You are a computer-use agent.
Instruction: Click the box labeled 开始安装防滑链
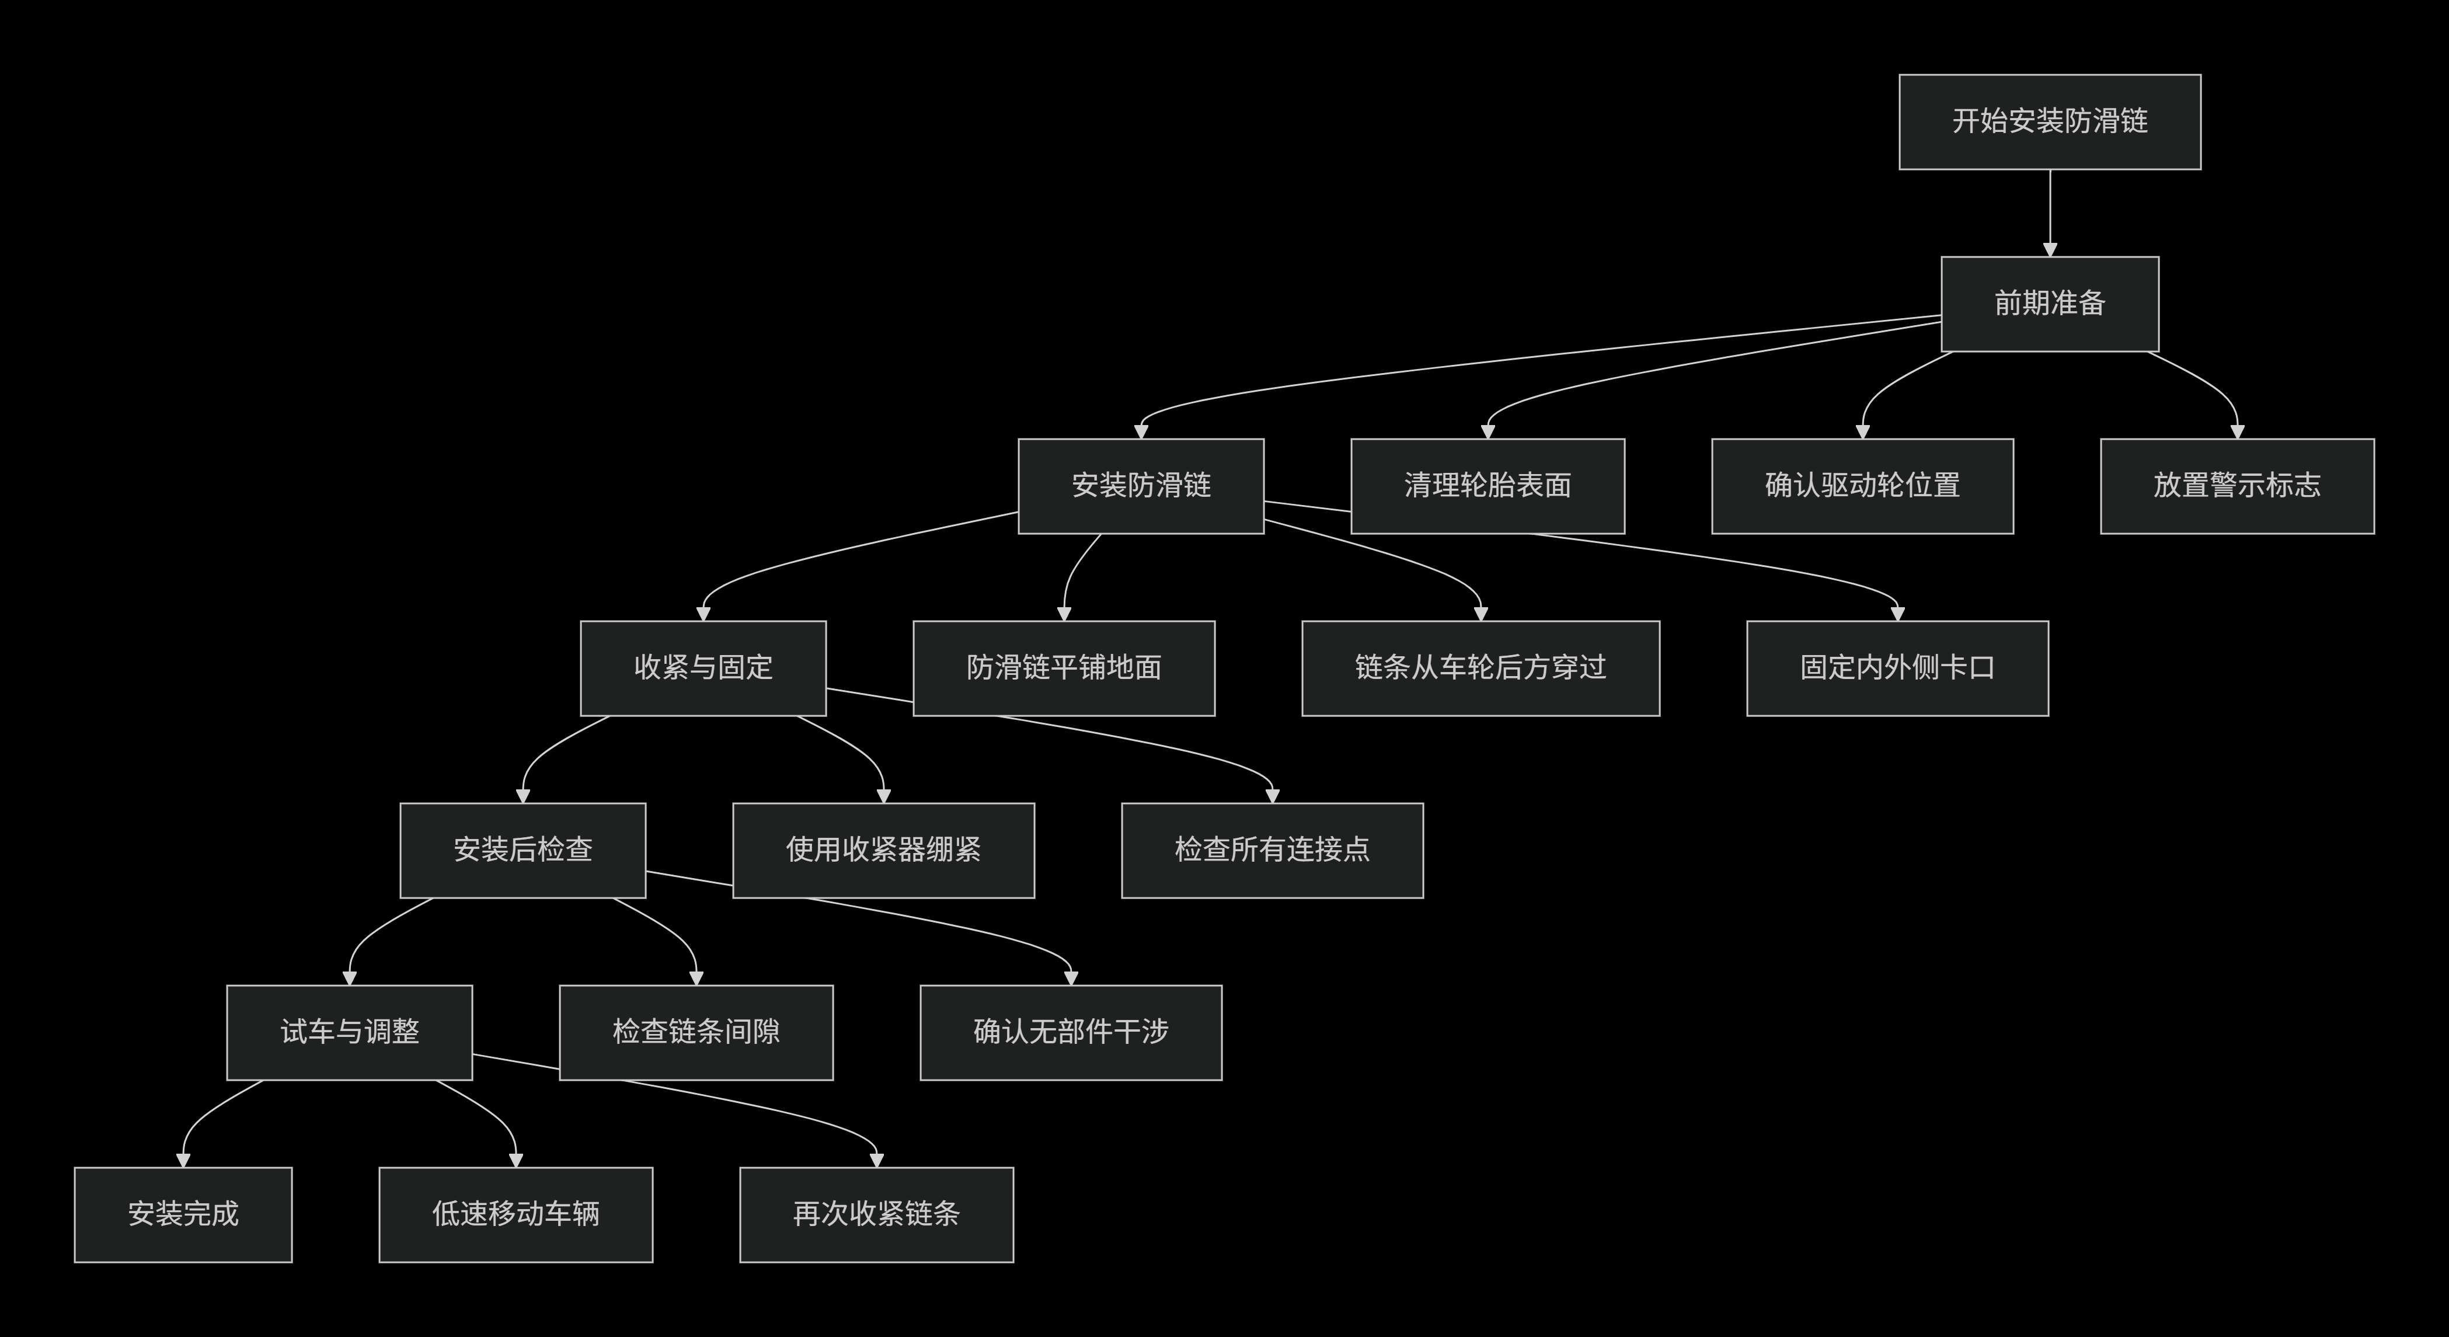2050,121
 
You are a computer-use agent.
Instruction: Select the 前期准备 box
2050,304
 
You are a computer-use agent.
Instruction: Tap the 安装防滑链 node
1141,486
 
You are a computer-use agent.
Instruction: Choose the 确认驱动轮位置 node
1862,486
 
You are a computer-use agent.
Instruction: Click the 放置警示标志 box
2237,486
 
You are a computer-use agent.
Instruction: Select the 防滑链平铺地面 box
1064,667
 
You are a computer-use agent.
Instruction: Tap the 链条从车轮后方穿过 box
1480,667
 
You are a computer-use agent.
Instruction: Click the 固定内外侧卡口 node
1897,667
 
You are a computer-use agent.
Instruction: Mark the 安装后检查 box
523,850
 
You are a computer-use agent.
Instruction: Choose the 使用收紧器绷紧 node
883,850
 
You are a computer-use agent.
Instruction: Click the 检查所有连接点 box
1272,850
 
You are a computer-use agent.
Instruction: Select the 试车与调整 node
349,1032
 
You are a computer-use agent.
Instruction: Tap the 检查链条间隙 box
696,1032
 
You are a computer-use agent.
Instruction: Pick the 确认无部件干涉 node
1071,1032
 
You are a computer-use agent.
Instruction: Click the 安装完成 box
183,1214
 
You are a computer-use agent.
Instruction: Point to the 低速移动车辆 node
515,1214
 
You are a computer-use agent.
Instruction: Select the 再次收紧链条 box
876,1214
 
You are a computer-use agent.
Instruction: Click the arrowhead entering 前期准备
2050,249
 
